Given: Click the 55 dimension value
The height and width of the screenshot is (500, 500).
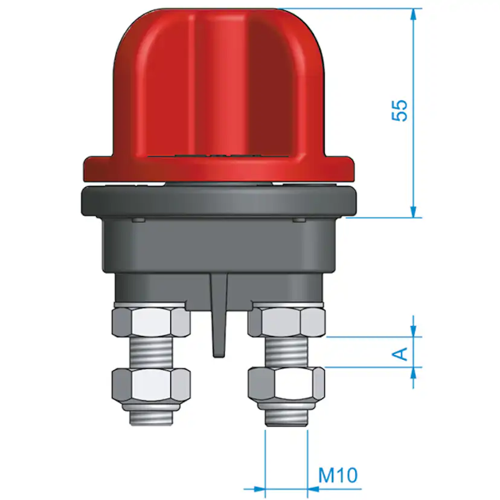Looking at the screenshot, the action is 400,111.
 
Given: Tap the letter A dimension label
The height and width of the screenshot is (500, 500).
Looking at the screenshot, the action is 400,354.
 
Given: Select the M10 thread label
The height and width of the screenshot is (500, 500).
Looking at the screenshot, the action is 338,475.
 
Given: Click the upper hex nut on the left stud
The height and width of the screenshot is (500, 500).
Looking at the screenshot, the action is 151,322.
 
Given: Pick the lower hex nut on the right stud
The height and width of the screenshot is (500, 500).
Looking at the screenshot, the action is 287,384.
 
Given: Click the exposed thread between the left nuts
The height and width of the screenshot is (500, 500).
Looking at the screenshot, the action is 151,353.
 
